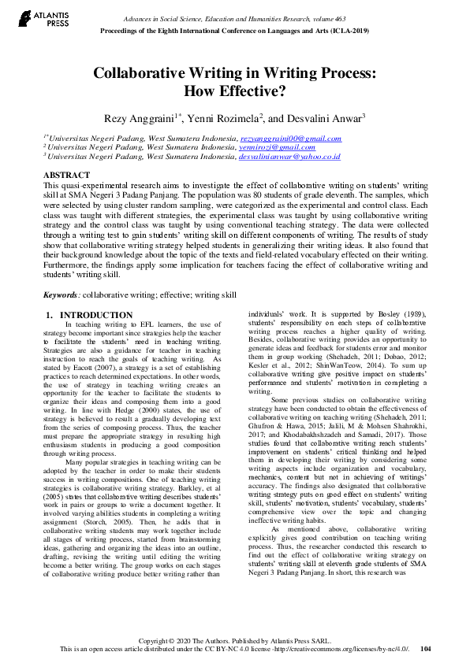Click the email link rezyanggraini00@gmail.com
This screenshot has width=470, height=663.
[x=290, y=138]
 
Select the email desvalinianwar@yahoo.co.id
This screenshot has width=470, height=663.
[x=289, y=156]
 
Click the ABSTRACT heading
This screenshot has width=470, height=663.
[x=66, y=174]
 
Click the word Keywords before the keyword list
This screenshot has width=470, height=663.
[x=60, y=294]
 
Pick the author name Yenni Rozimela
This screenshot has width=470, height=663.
[x=229, y=118]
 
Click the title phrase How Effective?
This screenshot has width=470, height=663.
[x=234, y=90]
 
